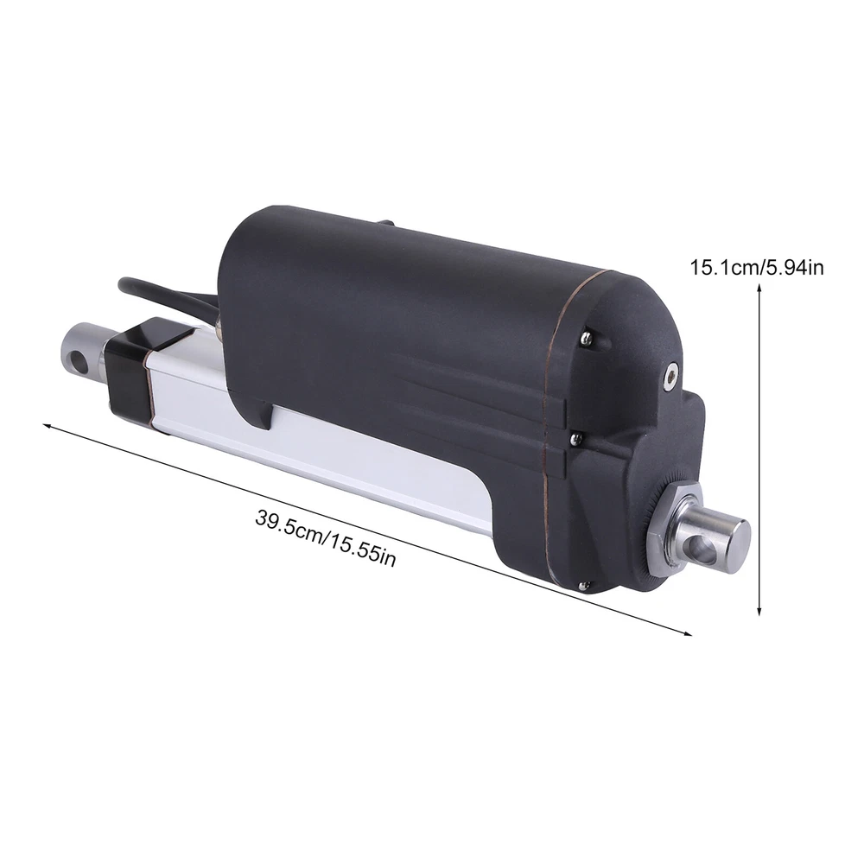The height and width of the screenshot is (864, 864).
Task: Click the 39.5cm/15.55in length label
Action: coord(325,537)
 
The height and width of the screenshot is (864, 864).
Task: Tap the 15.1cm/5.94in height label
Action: coord(757,268)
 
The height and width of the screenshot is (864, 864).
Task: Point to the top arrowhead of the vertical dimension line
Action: coord(759,287)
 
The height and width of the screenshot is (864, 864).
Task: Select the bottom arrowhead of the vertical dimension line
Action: coord(759,611)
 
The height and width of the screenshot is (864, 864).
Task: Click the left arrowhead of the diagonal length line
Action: coord(47,425)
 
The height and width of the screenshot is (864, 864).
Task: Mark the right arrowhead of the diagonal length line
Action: coord(688,633)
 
